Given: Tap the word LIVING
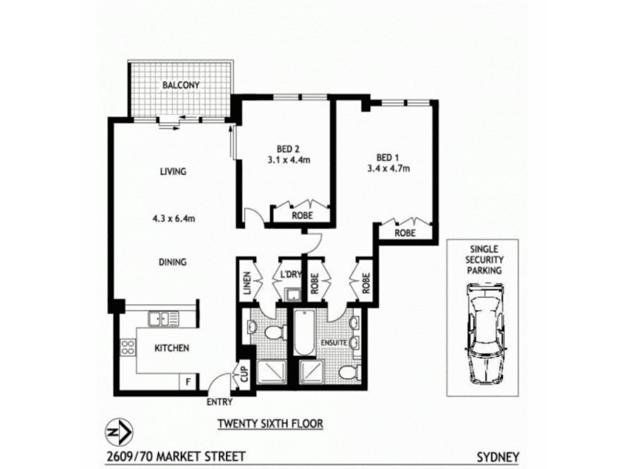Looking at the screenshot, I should click(172, 172).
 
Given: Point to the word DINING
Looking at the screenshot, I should click(172, 263).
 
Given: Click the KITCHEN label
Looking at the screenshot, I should click(171, 349).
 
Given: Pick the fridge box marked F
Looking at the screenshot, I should click(187, 381).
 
